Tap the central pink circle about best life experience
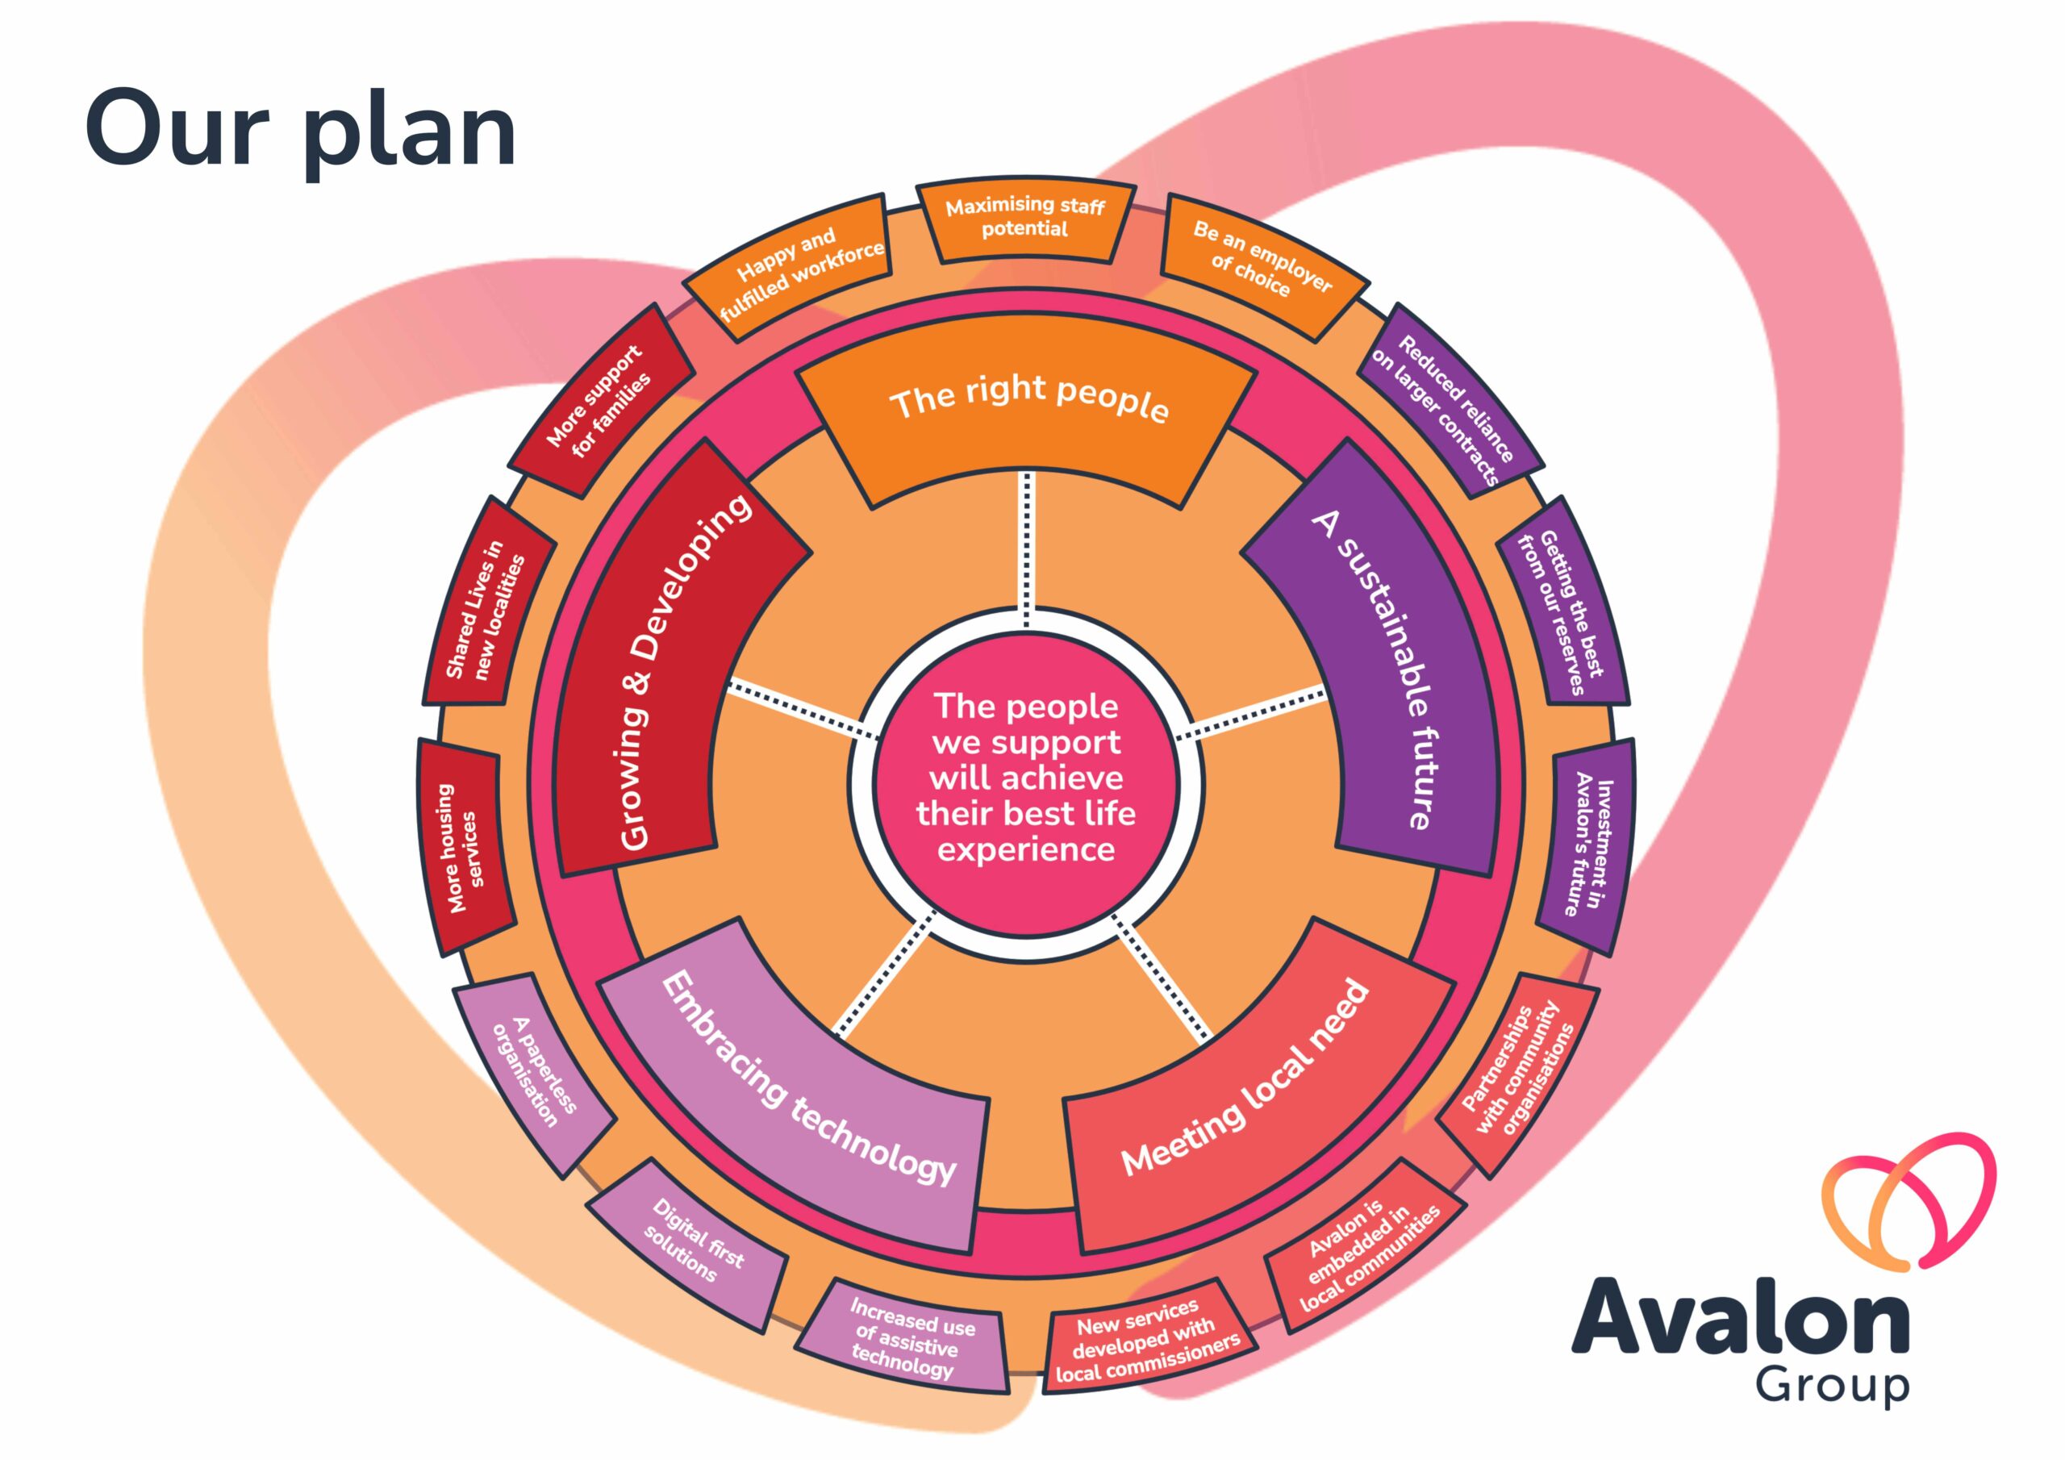pos(1026,778)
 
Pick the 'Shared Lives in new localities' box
pos(487,601)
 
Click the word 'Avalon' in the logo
pos(1740,1320)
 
